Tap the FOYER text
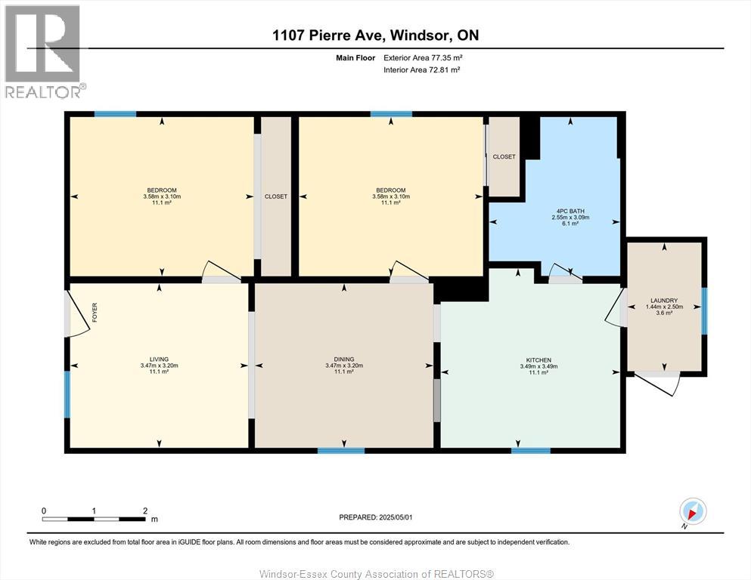coord(95,312)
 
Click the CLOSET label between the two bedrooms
coord(276,196)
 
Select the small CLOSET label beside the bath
coord(504,157)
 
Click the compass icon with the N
coord(694,512)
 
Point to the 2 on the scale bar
coord(145,511)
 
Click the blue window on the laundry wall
coord(705,310)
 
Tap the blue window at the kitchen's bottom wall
coord(530,451)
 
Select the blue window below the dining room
coord(340,451)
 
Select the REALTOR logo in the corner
coord(43,51)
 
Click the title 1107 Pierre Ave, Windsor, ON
coord(376,35)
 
